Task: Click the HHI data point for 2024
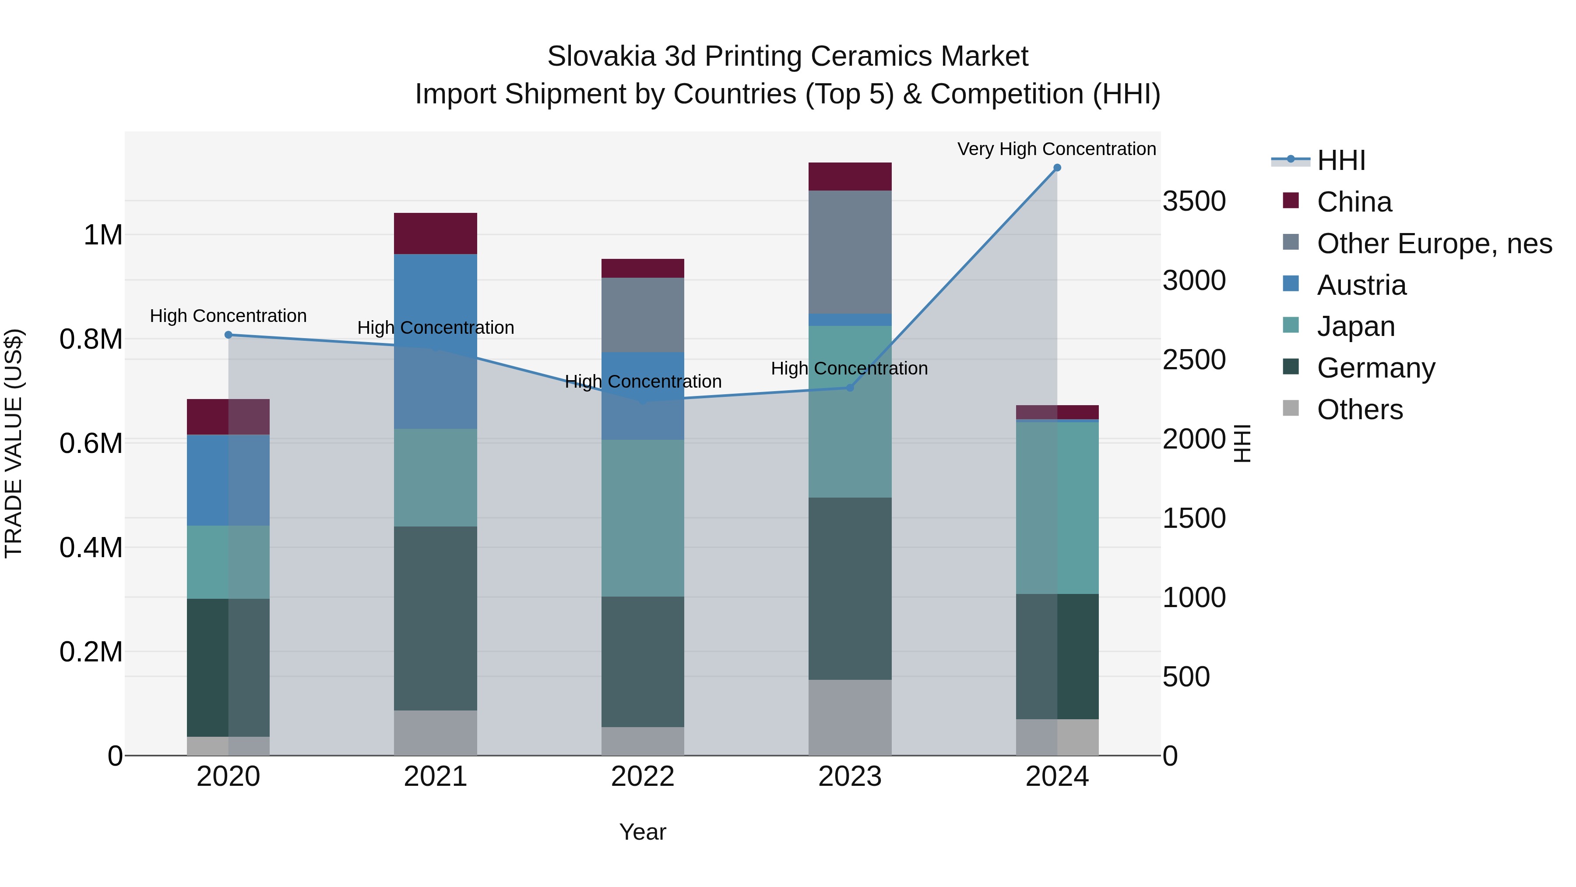point(1057,168)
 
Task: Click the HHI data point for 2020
point(228,335)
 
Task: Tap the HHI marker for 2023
point(849,388)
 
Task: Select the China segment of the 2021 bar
point(435,233)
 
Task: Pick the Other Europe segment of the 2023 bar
point(849,251)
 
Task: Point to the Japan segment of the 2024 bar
point(1057,508)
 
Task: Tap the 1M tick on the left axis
point(103,235)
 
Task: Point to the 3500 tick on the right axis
point(1194,201)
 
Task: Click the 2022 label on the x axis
point(642,777)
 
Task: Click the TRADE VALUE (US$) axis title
point(14,443)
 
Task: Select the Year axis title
point(642,832)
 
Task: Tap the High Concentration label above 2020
point(228,316)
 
